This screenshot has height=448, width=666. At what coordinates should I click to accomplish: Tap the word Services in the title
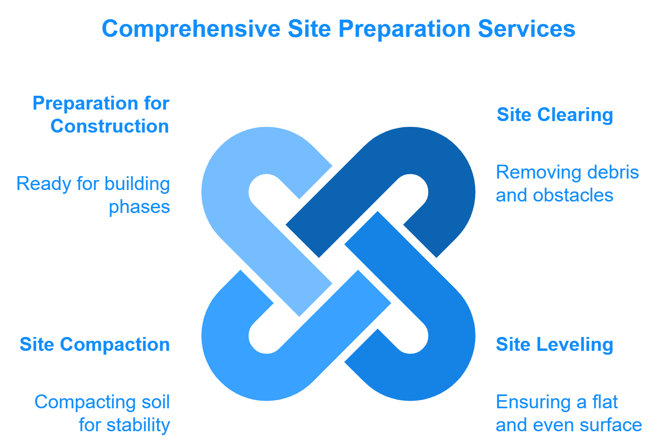(x=527, y=29)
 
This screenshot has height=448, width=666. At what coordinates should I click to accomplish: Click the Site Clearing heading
(x=555, y=115)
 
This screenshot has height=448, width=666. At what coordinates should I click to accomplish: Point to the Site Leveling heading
(x=555, y=345)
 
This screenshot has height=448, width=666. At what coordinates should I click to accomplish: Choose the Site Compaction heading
(x=95, y=345)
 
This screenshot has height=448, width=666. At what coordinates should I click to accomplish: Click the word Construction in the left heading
(x=110, y=126)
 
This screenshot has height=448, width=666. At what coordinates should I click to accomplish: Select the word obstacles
(x=573, y=195)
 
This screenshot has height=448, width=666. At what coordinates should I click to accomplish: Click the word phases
(x=139, y=207)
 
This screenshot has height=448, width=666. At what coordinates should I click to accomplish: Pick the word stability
(x=138, y=425)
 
